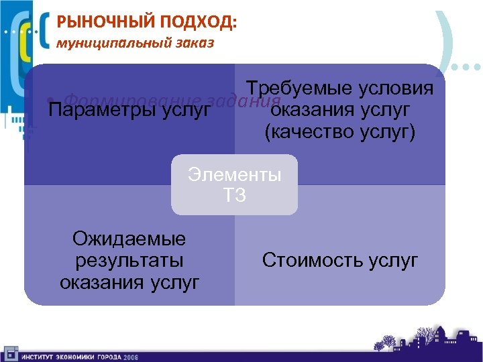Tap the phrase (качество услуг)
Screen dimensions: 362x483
point(340,132)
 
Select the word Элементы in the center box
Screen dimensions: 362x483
point(235,175)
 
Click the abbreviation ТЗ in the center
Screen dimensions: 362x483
point(234,196)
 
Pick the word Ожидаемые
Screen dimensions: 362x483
point(129,238)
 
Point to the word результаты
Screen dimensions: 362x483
point(129,260)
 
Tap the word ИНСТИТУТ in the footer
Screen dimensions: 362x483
point(38,356)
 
